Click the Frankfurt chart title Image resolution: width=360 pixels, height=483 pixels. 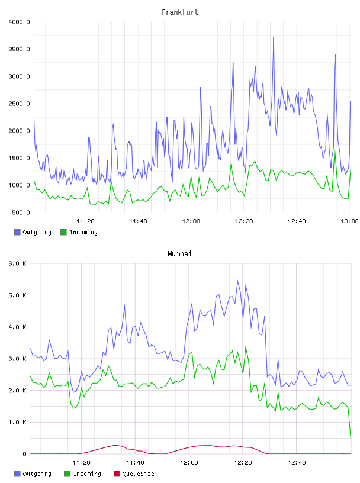tap(180, 12)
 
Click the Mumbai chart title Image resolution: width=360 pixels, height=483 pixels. tap(179, 254)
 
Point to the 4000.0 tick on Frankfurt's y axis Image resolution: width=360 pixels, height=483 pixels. tap(19, 22)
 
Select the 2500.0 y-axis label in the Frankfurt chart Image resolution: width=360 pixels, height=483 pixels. tap(19, 104)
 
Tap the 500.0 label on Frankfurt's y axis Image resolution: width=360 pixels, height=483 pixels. tap(21, 212)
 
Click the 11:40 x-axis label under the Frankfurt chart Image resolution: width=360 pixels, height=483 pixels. tap(138, 221)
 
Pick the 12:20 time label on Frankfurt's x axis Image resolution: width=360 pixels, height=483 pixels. tap(244, 221)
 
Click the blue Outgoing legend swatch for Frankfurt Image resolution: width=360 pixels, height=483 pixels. tap(17, 232)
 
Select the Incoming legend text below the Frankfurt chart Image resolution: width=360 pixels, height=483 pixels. tap(83, 232)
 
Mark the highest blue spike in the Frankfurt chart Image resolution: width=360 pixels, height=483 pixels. tap(274, 37)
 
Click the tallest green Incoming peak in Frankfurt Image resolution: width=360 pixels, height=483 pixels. tap(335, 150)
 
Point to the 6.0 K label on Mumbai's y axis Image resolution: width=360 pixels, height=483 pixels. tap(18, 263)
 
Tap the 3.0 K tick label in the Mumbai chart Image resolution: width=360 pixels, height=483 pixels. tap(18, 359)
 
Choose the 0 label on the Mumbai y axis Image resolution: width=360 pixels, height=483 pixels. tap(24, 454)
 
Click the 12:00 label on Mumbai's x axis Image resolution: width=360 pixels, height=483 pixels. tap(189, 463)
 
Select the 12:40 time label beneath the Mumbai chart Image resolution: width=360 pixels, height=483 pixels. tap(297, 463)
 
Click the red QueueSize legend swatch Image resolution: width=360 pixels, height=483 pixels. tap(117, 474)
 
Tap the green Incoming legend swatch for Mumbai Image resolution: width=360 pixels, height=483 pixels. tap(67, 474)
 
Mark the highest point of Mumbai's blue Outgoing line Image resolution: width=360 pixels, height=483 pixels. tap(237, 281)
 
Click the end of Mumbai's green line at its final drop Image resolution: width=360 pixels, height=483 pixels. tap(351, 438)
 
